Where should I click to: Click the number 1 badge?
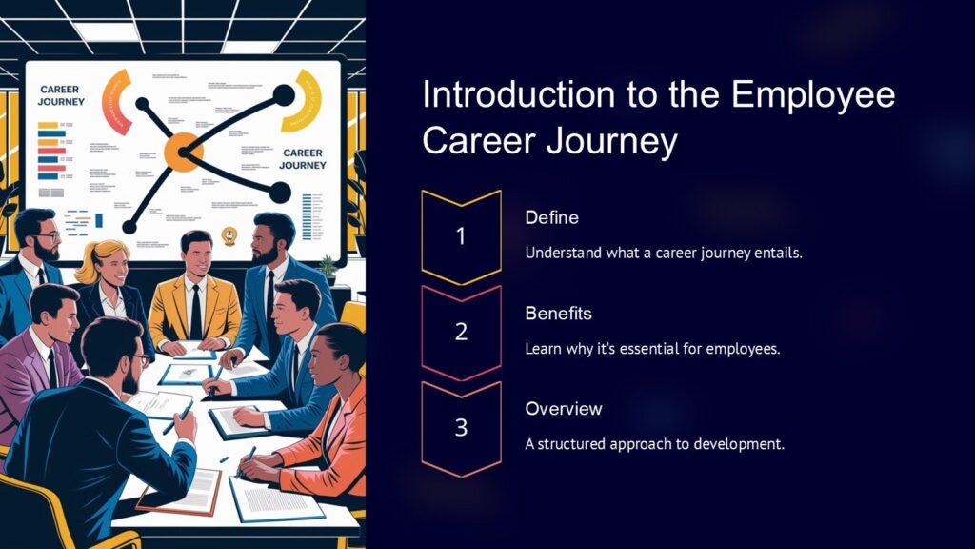tap(461, 236)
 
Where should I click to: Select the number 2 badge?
tap(461, 332)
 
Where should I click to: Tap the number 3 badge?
tap(461, 427)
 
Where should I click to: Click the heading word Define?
tap(551, 218)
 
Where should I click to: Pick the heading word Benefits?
tap(558, 314)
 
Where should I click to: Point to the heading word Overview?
tap(564, 409)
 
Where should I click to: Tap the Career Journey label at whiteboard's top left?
tap(61, 95)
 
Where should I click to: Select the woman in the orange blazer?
tap(324, 410)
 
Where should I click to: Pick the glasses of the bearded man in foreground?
tap(141, 360)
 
